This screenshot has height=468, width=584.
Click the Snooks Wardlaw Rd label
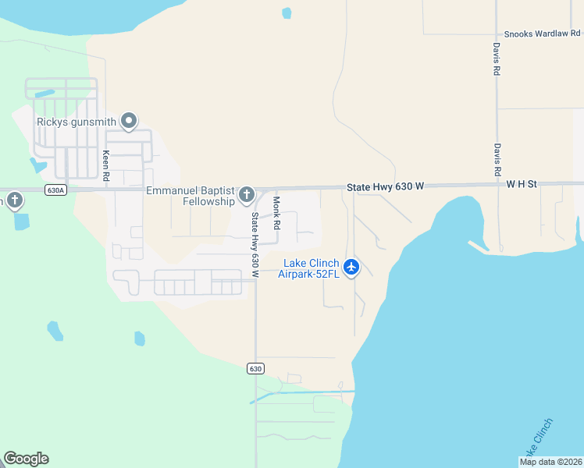pyautogui.click(x=542, y=34)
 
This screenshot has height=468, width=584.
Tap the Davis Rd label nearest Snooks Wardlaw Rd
pyautogui.click(x=496, y=58)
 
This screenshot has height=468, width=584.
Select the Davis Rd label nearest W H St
pyautogui.click(x=496, y=158)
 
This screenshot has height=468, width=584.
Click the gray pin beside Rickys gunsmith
pyautogui.click(x=129, y=120)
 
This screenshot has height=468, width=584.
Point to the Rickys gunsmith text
pyautogui.click(x=77, y=122)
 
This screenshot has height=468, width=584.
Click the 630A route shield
pyautogui.click(x=55, y=190)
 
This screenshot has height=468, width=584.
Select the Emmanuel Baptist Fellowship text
pyautogui.click(x=191, y=196)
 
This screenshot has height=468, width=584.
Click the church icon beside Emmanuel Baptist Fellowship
pyautogui.click(x=247, y=194)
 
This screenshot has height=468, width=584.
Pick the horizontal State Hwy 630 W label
pyautogui.click(x=385, y=186)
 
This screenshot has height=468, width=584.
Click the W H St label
pyautogui.click(x=522, y=184)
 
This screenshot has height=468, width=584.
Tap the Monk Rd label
pyautogui.click(x=276, y=211)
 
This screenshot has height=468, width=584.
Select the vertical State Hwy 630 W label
pyautogui.click(x=255, y=243)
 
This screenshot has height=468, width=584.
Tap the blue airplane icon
pyautogui.click(x=351, y=267)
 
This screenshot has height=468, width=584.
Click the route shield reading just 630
pyautogui.click(x=255, y=368)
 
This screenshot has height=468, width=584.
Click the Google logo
pyautogui.click(x=26, y=459)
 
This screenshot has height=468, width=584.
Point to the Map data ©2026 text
pyautogui.click(x=551, y=462)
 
